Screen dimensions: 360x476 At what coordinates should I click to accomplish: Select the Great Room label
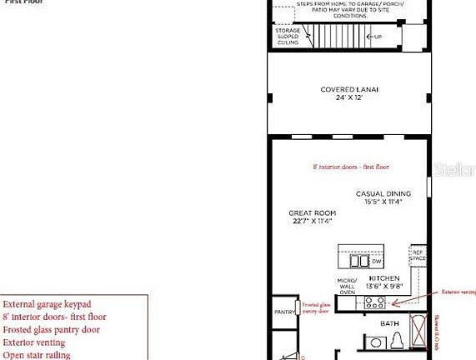312,213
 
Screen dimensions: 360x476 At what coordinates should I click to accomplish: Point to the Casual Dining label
383,193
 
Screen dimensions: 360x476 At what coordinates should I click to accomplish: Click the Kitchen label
384,277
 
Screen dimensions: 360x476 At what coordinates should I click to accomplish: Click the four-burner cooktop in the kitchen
372,303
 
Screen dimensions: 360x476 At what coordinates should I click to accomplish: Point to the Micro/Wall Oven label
347,285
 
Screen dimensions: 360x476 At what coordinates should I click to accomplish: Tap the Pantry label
283,312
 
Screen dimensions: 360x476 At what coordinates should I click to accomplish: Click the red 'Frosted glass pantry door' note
317,308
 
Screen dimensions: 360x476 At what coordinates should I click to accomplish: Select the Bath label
389,322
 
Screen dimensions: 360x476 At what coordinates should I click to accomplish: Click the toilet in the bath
398,341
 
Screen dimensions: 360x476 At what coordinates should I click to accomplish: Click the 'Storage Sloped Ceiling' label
288,36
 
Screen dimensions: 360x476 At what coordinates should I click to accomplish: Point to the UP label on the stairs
378,37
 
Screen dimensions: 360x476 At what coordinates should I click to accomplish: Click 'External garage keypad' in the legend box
48,304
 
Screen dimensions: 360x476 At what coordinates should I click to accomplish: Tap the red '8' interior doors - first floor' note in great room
351,167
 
